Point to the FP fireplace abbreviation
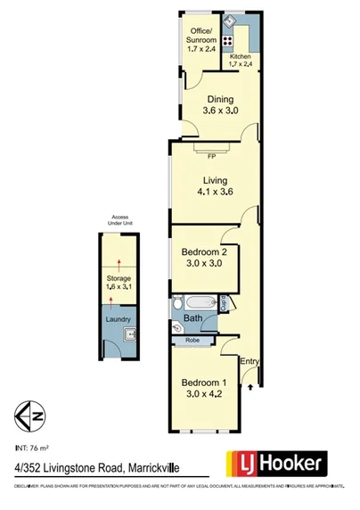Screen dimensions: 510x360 coord(211,158)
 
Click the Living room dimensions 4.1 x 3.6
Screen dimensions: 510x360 coord(210,191)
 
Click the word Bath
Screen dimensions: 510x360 coord(192,318)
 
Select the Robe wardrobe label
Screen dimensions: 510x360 coord(192,340)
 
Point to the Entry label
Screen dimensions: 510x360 coord(250,361)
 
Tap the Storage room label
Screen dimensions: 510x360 coord(118,284)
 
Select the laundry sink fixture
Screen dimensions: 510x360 coord(128,336)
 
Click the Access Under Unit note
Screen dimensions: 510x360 coord(119,220)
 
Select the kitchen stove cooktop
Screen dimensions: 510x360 coord(228,41)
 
